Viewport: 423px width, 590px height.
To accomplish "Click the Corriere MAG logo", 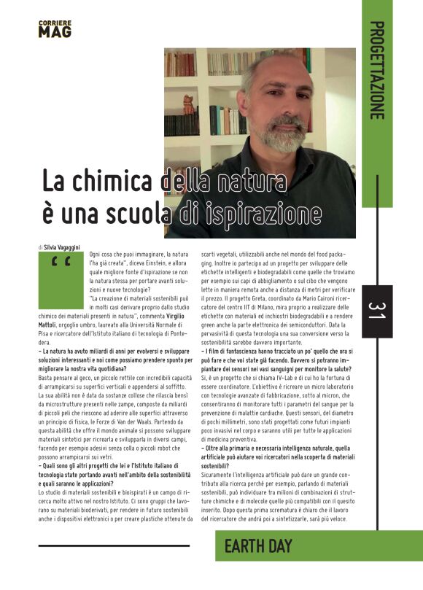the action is click(55, 29).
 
